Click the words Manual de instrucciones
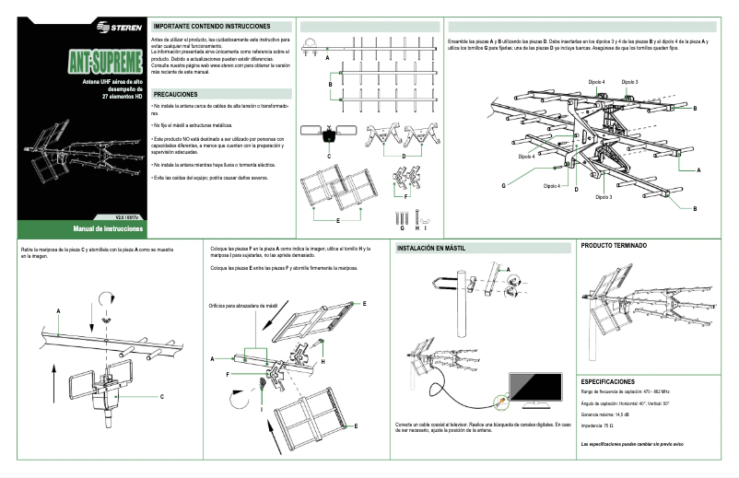109,227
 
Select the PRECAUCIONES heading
175,94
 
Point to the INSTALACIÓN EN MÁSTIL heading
430,249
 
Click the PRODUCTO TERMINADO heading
614,246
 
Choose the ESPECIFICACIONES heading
607,380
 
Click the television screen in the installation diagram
537,388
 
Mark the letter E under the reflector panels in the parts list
338,222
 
